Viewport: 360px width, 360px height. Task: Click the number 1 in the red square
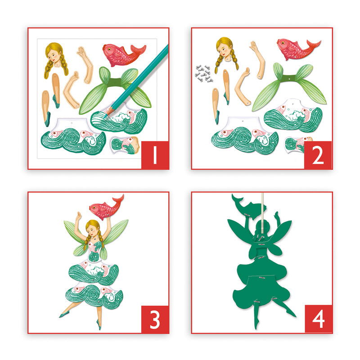[155, 155]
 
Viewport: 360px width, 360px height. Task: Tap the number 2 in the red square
[318, 155]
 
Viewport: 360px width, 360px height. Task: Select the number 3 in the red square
[155, 319]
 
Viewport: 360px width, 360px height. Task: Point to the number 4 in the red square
[318, 319]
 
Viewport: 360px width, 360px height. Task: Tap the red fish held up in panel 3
[105, 208]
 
